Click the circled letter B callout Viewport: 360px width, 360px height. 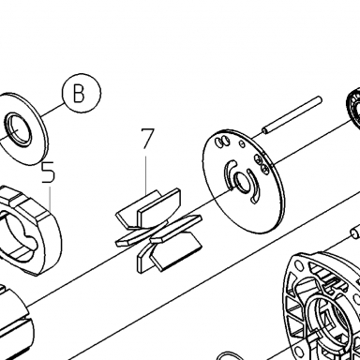coord(82,93)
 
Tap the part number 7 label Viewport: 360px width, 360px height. coord(147,138)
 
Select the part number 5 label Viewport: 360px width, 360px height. coord(49,172)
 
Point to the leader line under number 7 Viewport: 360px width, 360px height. coord(146,174)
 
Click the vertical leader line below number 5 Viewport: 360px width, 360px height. coord(50,198)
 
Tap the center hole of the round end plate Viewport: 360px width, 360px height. coord(243,182)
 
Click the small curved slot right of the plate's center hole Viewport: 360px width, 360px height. coord(254,186)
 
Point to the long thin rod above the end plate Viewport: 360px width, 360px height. coord(292,115)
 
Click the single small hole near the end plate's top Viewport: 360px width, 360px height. coord(242,143)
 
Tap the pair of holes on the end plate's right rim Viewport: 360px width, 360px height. coord(262,164)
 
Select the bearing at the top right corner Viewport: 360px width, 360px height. coord(353,108)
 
